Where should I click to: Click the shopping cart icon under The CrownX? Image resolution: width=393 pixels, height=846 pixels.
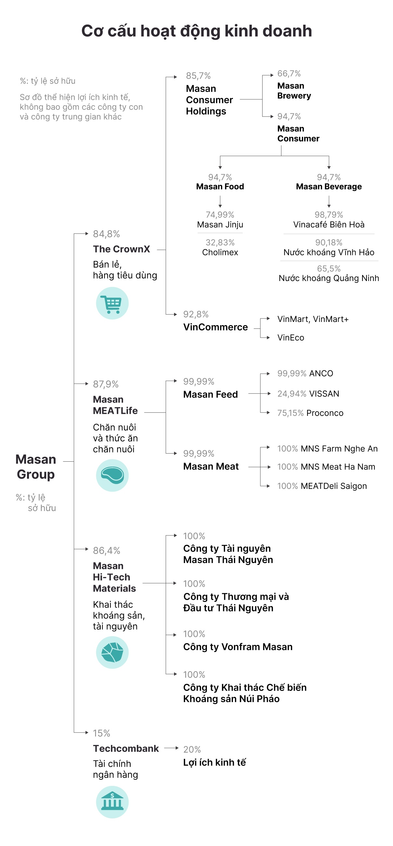pos(112,303)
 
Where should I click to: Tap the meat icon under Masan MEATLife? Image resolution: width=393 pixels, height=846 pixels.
pos(112,475)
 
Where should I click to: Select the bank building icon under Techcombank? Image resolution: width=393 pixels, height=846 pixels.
pos(112,802)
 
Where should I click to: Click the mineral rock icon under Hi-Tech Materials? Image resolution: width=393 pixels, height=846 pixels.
pos(112,652)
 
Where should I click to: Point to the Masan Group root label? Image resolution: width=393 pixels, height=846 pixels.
pos(36,467)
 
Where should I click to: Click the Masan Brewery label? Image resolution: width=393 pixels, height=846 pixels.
pos(294,91)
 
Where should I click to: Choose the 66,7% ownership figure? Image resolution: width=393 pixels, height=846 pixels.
pos(289,73)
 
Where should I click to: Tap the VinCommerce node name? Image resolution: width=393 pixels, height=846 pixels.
pos(215,327)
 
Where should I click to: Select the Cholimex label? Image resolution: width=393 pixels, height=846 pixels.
pos(220,252)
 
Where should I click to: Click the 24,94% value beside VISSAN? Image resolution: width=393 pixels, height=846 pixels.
pos(292,394)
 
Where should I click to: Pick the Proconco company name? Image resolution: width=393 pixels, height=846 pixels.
pos(325,413)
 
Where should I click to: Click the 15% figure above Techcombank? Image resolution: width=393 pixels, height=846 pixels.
pos(101,733)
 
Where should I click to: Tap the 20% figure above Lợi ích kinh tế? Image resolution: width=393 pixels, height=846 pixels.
pos(192,750)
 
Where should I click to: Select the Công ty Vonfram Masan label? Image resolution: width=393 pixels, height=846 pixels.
pos(237,647)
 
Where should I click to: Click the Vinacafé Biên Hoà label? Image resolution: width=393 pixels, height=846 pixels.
pos(329,224)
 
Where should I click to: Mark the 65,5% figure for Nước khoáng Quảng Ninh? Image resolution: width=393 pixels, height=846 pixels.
pos(329,269)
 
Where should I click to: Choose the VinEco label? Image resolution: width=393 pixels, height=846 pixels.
pos(291,338)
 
